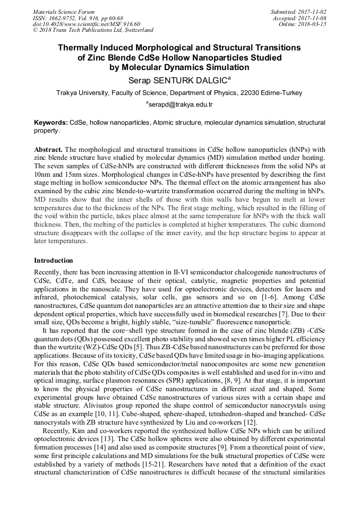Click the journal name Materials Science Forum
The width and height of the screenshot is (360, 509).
pos(64,12)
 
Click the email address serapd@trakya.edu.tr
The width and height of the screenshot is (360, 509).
pos(180,104)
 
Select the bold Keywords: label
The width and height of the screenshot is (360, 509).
pos(50,123)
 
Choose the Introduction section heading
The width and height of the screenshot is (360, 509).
pos(54,261)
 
